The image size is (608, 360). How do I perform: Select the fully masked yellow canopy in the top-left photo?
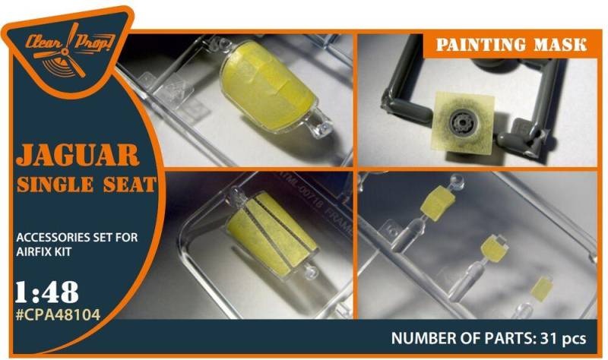[x=259, y=92]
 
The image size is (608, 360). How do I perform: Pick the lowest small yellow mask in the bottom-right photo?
[x=541, y=289]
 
